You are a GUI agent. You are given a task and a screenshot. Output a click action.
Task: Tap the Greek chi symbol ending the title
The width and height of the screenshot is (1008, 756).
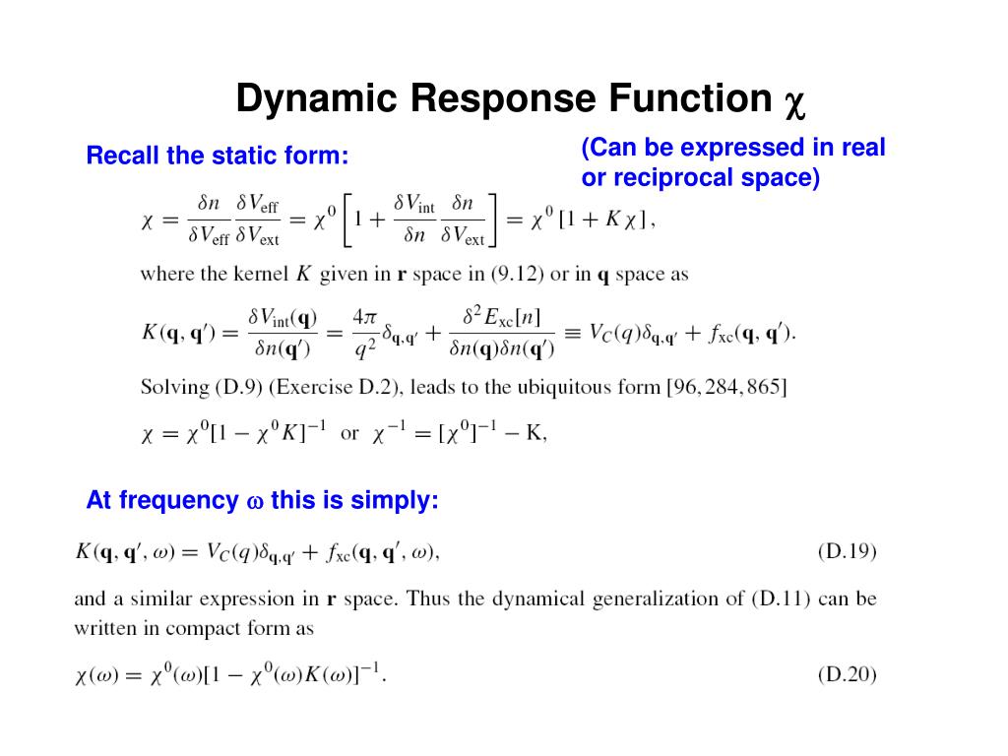(x=794, y=101)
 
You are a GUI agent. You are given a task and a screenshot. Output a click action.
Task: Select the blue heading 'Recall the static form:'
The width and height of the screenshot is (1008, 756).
(x=218, y=156)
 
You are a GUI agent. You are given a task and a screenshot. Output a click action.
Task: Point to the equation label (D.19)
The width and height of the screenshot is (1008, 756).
(x=847, y=551)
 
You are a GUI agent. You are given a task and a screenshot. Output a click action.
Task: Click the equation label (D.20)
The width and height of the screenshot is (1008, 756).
(x=847, y=675)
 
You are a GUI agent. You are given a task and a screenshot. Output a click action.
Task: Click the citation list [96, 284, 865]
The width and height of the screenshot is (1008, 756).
(x=726, y=387)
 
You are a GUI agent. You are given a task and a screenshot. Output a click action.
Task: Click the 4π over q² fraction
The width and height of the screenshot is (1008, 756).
(x=364, y=332)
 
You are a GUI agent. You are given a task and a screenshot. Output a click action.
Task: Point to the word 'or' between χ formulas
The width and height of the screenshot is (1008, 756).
(x=349, y=434)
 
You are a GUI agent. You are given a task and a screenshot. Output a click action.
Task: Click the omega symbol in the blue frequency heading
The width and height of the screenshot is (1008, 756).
(x=254, y=502)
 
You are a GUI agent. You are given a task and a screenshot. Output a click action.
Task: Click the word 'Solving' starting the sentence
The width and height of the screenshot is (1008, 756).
(x=175, y=387)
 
